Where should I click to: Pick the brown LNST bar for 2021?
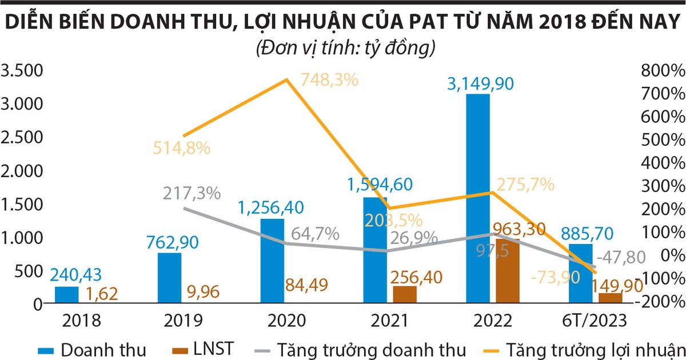click(x=405, y=294)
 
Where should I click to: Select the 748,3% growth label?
click(x=329, y=79)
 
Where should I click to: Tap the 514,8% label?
click(x=182, y=147)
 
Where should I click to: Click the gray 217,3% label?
click(x=192, y=193)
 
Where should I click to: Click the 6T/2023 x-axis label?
click(x=595, y=320)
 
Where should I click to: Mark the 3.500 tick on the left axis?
click(x=23, y=71)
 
